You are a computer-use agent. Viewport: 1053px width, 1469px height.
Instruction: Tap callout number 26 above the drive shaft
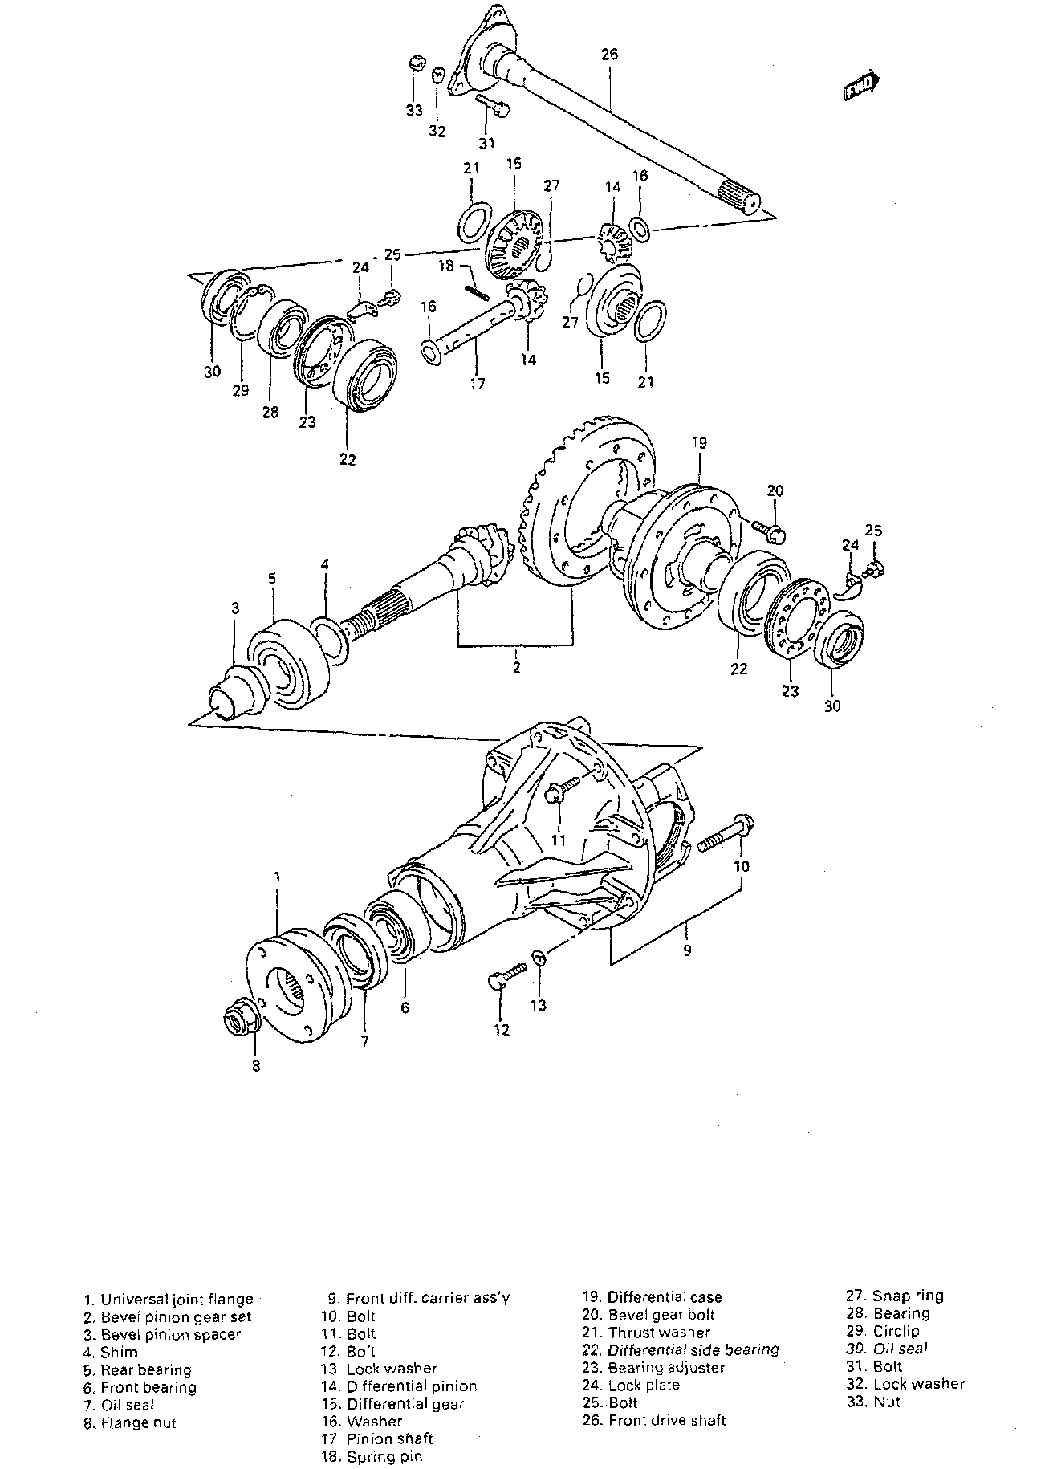[609, 55]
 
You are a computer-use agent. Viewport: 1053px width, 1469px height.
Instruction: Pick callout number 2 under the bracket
[516, 666]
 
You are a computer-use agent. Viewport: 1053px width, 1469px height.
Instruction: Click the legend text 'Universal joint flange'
[177, 1299]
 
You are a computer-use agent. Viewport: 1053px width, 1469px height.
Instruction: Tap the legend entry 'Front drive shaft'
[667, 1420]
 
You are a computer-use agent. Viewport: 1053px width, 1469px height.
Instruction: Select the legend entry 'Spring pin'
[384, 1456]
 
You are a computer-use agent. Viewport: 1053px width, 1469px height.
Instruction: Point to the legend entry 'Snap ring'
[909, 1296]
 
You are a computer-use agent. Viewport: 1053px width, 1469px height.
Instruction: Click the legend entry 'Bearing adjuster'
[666, 1367]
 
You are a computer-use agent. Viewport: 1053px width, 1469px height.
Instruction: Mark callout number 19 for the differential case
[697, 442]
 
